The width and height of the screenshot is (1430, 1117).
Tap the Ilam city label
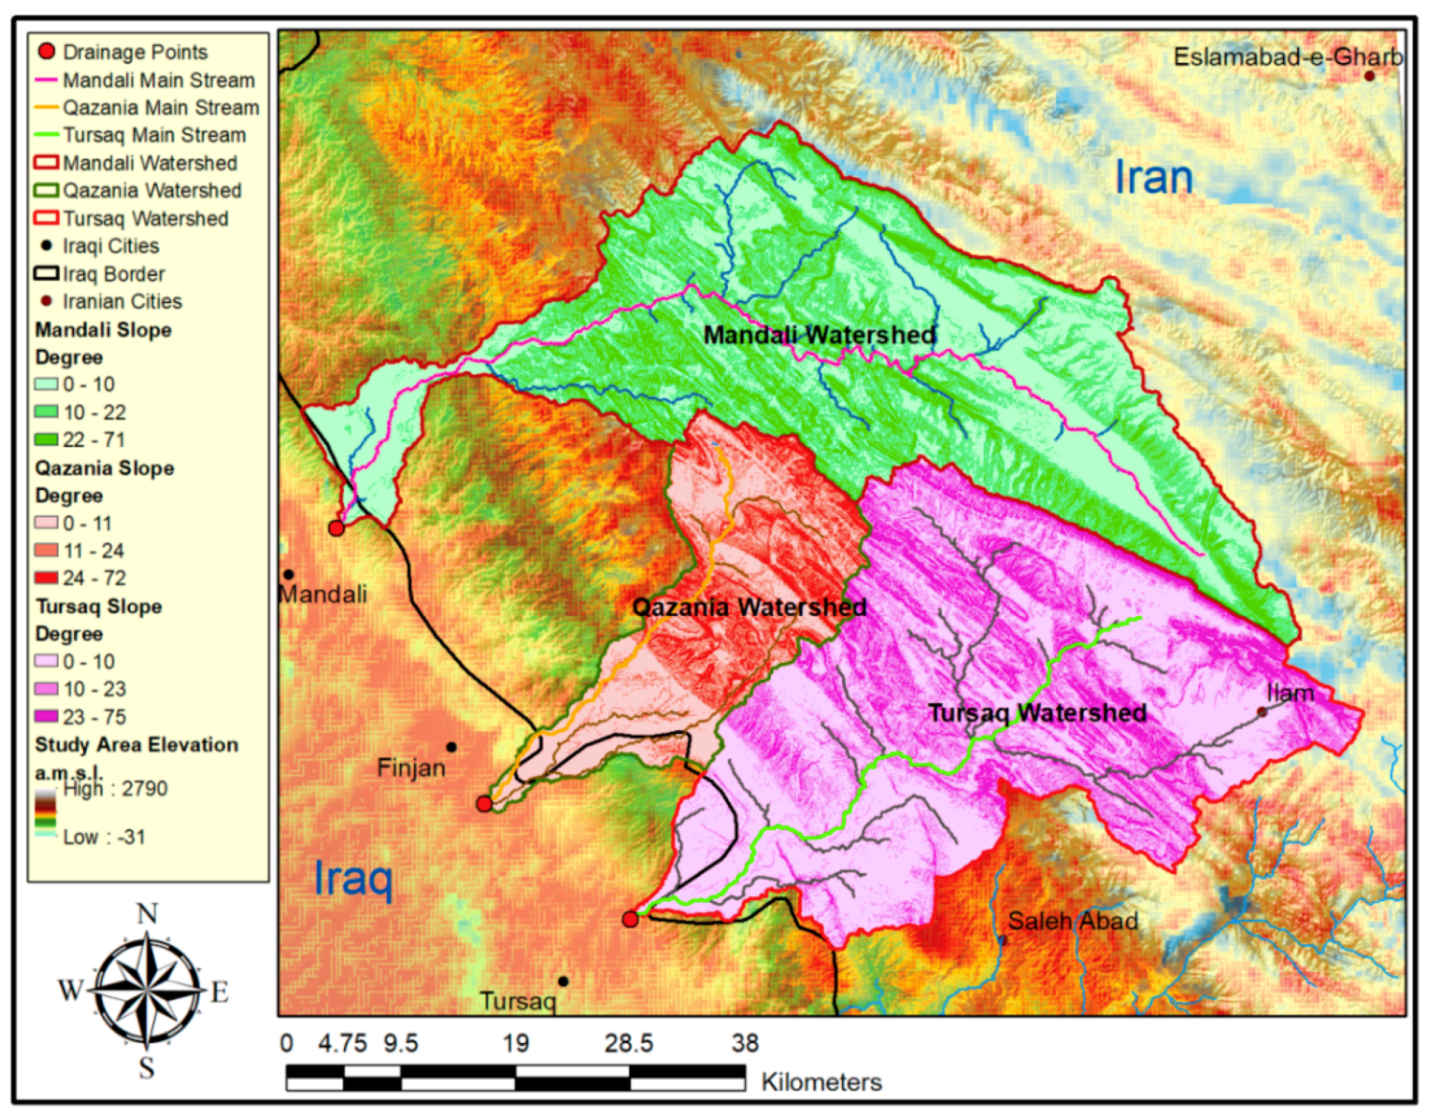(1290, 693)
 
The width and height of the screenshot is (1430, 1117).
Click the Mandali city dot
(288, 575)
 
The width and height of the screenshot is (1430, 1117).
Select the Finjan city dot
(451, 747)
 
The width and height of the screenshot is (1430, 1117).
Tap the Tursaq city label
(518, 1001)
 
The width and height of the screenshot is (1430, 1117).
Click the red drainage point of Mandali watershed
(336, 528)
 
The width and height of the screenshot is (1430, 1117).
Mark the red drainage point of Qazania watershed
(484, 804)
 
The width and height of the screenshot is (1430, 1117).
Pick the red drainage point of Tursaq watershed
(630, 919)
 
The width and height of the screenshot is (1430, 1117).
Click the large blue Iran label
(1154, 177)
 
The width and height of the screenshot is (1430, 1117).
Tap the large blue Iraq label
(354, 878)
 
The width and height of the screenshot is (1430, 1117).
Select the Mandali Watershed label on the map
(819, 335)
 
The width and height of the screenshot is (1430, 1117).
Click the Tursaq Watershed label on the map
(1037, 713)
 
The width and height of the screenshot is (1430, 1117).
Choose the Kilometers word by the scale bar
(821, 1082)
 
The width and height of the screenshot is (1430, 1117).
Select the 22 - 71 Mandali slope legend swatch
(46, 440)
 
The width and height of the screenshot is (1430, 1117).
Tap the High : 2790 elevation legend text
(115, 788)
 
